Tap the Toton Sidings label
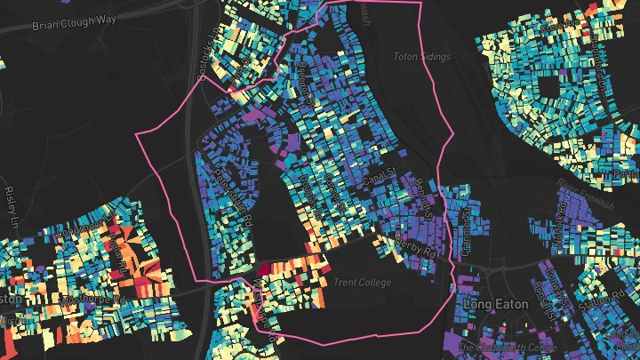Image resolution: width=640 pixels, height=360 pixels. click(x=422, y=57)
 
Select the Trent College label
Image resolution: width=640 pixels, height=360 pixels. click(x=362, y=283)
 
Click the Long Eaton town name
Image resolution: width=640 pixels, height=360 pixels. click(x=496, y=304)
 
